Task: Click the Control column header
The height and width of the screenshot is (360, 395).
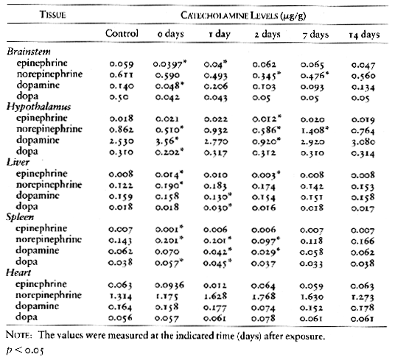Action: pos(122,33)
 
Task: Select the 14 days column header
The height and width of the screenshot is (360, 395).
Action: pos(364,35)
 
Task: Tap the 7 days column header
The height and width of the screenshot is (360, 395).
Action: pos(315,35)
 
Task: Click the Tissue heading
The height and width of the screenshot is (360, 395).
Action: pos(52,15)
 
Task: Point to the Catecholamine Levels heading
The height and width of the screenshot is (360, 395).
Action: pos(243,15)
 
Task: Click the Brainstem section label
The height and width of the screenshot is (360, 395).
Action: pos(29,52)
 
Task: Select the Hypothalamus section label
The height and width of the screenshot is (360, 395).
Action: pos(38,107)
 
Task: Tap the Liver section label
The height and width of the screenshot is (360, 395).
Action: pos(18,162)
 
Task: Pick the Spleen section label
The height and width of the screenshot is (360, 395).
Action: pos(20,217)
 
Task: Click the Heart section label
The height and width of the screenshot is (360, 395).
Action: pos(18,272)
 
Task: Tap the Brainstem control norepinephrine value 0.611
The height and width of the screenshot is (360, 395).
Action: pos(122,75)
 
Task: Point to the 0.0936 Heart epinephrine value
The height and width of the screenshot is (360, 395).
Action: pos(169,285)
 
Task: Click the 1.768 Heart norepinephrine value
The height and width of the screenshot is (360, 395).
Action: pos(264,296)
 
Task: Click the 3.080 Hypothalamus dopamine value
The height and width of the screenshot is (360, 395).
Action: pos(363,142)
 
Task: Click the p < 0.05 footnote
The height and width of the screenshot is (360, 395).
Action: pos(25,350)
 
